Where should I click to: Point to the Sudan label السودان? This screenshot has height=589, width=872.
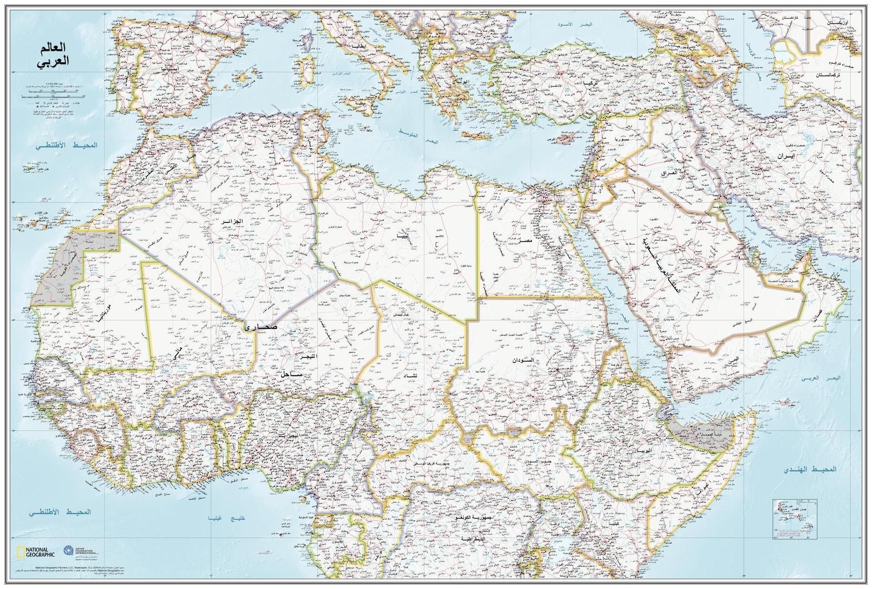pos(523,360)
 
